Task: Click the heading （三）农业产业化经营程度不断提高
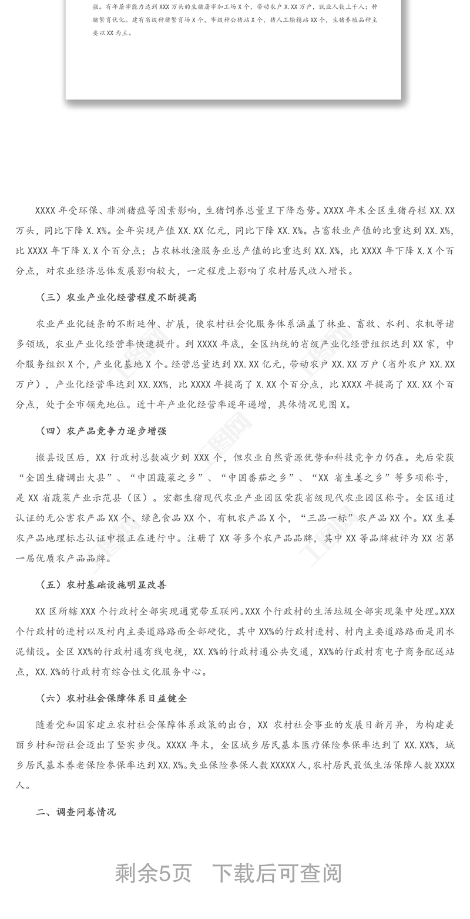click(117, 298)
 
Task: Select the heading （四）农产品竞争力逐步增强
click(103, 431)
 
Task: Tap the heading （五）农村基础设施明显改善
click(103, 585)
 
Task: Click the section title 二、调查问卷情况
click(76, 812)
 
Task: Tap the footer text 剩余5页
click(153, 874)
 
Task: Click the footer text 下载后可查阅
click(277, 874)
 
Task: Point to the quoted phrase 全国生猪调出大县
click(69, 477)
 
